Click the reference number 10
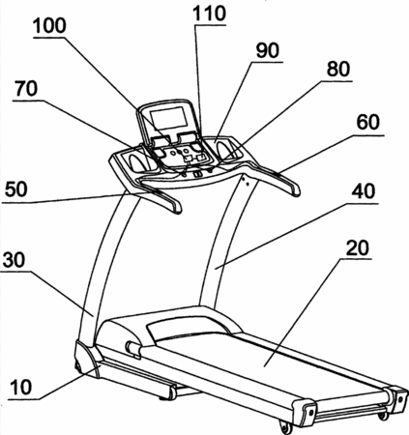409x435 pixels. pos(21,387)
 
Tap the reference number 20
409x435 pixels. pos(357,248)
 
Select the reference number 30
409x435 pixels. pos(14,260)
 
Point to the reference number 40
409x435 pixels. pos(364,191)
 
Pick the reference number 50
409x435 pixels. pos(16,189)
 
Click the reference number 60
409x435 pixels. pos(367,123)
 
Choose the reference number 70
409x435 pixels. pos(25,89)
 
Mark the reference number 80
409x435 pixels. pos(338,69)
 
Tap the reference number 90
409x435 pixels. pos(268,50)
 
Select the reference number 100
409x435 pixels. pos(49,26)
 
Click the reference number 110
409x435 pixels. pos(209,14)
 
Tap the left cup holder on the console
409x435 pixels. pos(138,162)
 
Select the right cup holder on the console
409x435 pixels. pos(225,149)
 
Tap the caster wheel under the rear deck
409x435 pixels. pos(286,427)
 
